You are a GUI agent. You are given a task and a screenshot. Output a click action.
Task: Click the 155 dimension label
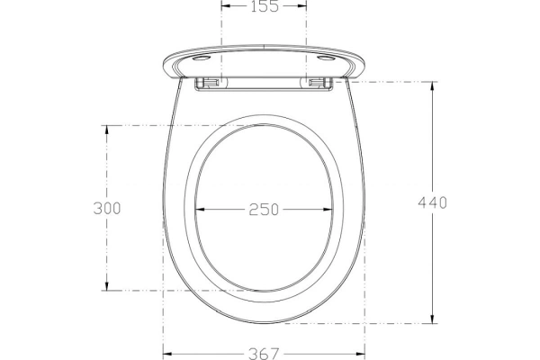coord(264,6)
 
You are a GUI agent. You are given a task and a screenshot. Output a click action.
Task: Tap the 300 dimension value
coord(107,208)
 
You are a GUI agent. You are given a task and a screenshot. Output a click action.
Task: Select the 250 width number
coord(264,210)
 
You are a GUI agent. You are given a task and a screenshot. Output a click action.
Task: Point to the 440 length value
coord(433,202)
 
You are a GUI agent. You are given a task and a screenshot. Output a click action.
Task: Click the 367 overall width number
coord(264,354)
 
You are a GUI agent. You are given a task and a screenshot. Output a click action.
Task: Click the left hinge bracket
coord(208,82)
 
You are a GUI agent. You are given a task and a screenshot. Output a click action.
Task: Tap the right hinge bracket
coord(320,82)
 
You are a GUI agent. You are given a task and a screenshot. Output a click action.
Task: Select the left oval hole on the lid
coord(202,58)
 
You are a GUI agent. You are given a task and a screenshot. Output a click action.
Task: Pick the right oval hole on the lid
coord(326,58)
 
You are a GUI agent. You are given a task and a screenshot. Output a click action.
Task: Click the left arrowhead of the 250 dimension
coord(201,209)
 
